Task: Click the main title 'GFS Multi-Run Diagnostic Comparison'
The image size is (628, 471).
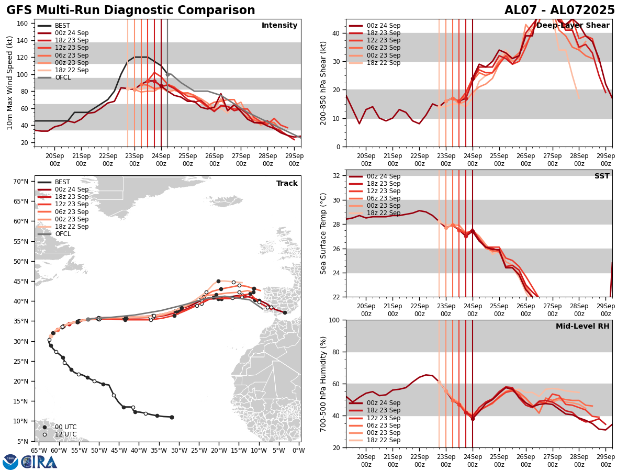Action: tap(130, 10)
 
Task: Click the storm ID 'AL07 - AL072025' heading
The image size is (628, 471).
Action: tap(559, 10)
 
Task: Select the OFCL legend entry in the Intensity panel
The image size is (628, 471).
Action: tap(62, 77)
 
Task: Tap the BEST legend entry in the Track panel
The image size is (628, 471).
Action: tap(62, 182)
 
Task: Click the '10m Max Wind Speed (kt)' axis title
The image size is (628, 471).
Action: tap(10, 83)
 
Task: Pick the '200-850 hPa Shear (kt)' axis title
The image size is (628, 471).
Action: tap(323, 83)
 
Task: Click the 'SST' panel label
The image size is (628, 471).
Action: tap(601, 176)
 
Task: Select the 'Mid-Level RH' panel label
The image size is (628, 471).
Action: tap(582, 327)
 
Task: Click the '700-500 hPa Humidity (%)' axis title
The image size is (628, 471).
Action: tap(323, 384)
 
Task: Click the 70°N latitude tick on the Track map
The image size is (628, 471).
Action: tap(21, 182)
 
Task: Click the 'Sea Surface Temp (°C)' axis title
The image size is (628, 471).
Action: tap(323, 233)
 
